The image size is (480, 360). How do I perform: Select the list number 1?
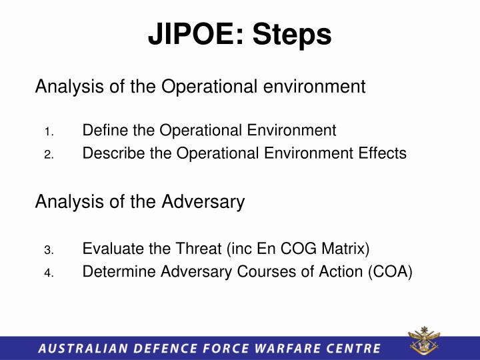point(49,131)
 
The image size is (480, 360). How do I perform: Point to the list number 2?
point(49,155)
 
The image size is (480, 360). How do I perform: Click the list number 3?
point(49,251)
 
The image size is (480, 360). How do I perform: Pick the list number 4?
point(49,273)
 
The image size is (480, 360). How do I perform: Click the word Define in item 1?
point(102,130)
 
